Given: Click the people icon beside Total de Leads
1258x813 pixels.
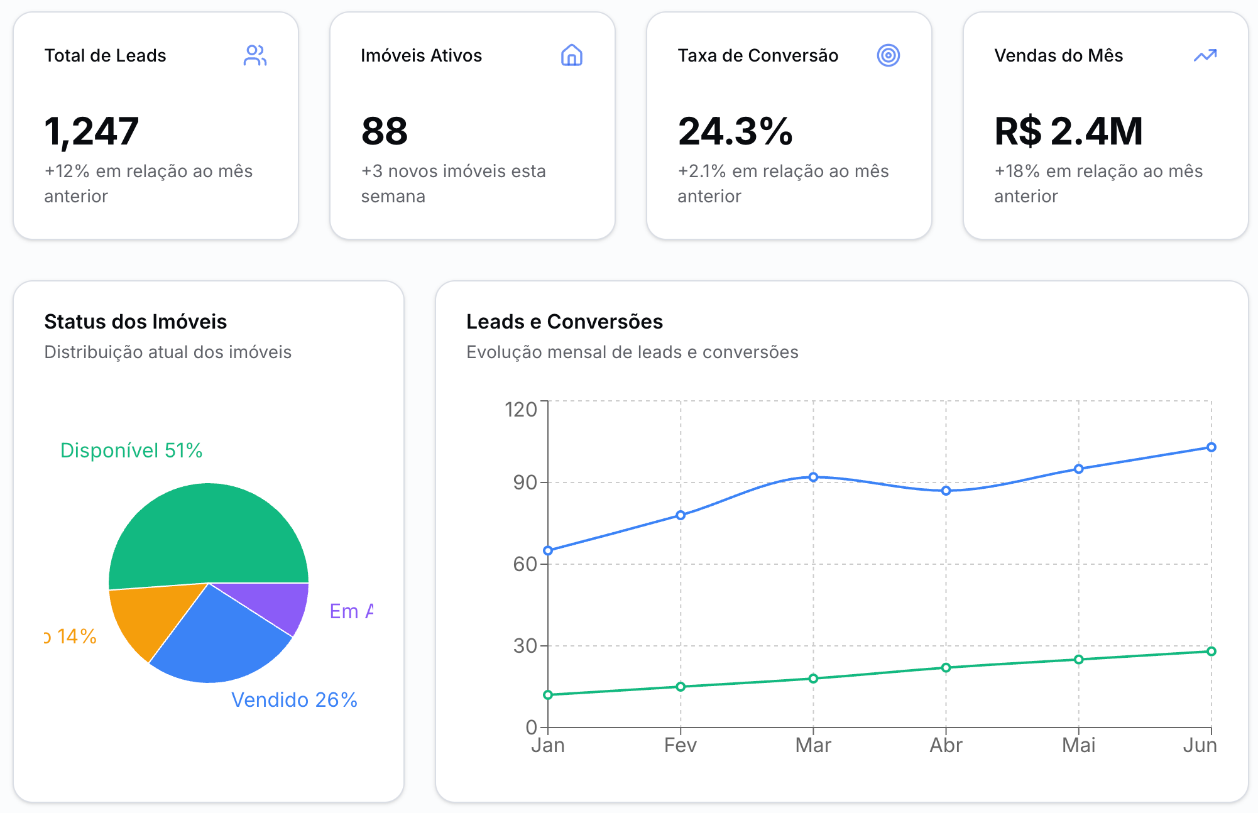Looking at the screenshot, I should click(x=255, y=55).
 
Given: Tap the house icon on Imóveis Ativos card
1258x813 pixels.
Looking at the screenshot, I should click(x=571, y=55).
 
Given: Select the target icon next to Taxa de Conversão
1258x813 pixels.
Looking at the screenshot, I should click(x=888, y=55).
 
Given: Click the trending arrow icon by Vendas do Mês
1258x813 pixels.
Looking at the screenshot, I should click(x=1205, y=55).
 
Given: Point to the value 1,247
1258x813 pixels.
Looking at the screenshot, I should click(x=92, y=131).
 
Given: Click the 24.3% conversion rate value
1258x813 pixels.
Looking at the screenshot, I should click(x=735, y=131).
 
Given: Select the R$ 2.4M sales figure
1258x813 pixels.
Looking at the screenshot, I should click(x=1068, y=131).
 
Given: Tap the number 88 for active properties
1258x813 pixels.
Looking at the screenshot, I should click(x=385, y=131).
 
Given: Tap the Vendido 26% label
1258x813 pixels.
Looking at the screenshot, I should click(x=294, y=700).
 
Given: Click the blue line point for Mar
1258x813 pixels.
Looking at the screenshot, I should click(x=813, y=477).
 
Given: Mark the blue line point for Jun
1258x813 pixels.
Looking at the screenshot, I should click(x=1211, y=447).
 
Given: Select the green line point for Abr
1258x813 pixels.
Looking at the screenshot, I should click(x=946, y=667).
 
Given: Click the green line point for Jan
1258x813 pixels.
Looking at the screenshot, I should click(x=548, y=694).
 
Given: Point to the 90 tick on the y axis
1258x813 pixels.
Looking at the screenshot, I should click(x=525, y=483).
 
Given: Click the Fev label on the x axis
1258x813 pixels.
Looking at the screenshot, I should click(x=681, y=745).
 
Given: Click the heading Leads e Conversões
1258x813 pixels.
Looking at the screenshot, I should click(x=564, y=322).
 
